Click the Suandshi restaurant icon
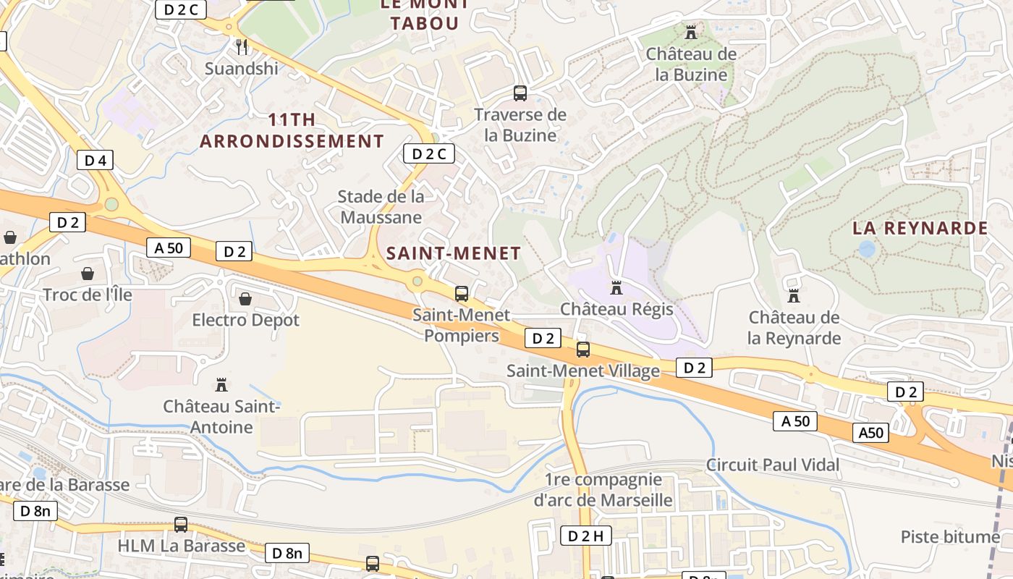(x=242, y=47)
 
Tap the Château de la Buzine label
(x=691, y=64)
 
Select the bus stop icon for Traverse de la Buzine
(x=520, y=93)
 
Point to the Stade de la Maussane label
(x=381, y=206)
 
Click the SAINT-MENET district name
(x=454, y=253)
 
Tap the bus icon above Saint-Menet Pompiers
(x=461, y=294)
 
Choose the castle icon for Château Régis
(x=616, y=288)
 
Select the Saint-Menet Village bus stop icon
(x=582, y=350)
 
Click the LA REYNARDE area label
(x=920, y=228)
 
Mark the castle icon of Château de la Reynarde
(x=794, y=296)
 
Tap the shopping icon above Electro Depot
(x=245, y=299)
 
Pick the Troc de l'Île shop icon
(x=88, y=274)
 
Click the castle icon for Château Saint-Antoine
(x=221, y=385)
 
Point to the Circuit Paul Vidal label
(x=773, y=465)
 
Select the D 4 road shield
(x=95, y=161)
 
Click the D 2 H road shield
(x=585, y=536)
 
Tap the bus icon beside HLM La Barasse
(x=181, y=525)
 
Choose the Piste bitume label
(x=950, y=536)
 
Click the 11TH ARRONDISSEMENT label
(x=292, y=130)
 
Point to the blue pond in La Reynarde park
(x=866, y=249)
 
